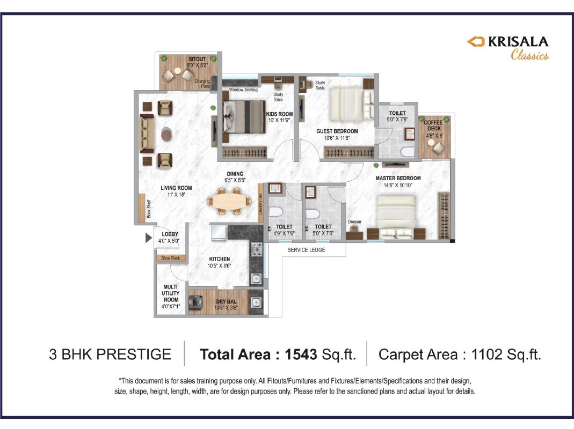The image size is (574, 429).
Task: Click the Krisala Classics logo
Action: point(507,47)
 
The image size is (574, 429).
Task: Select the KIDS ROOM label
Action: point(280,114)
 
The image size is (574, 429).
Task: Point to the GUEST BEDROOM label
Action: point(337,131)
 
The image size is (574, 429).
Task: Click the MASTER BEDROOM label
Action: point(398,178)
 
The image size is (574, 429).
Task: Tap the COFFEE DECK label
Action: point(433,125)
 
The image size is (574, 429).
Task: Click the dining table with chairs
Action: point(229,203)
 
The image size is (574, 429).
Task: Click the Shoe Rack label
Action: point(171,258)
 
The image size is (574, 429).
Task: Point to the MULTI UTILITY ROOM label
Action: point(171,293)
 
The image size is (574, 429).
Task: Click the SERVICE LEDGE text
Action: point(306,250)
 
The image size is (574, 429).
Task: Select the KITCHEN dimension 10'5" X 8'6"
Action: point(220,265)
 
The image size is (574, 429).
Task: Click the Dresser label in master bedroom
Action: point(355,221)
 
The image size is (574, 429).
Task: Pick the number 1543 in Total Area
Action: point(301,354)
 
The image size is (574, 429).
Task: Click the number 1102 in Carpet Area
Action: point(489,354)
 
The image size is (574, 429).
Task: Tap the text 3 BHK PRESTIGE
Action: point(110,354)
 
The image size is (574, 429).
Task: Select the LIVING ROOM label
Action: point(176,188)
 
